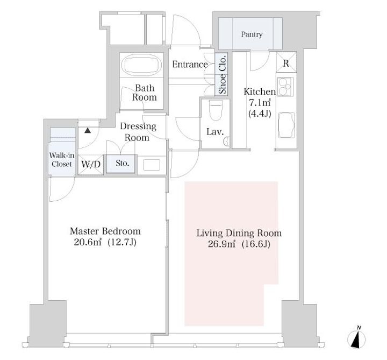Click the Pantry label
pyautogui.click(x=252, y=34)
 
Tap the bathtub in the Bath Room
pyautogui.click(x=142, y=65)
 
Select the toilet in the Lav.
pyautogui.click(x=216, y=110)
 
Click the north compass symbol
pyautogui.click(x=357, y=337)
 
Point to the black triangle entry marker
pyautogui.click(x=88, y=130)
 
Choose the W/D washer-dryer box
pyautogui.click(x=91, y=165)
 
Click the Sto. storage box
pyautogui.click(x=121, y=164)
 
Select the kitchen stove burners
pyautogui.click(x=285, y=87)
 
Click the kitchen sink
pyautogui.click(x=286, y=125)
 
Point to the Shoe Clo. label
pyautogui.click(x=223, y=74)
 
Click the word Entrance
pyautogui.click(x=190, y=64)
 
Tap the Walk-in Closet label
pyautogui.click(x=62, y=160)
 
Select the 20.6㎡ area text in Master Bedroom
pyautogui.click(x=88, y=242)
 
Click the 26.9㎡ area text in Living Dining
pyautogui.click(x=222, y=244)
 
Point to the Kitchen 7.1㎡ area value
pyautogui.click(x=260, y=103)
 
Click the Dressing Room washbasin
pyautogui.click(x=152, y=165)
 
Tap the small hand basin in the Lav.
pyautogui.click(x=227, y=142)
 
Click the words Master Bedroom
pyautogui.click(x=105, y=231)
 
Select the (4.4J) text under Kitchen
pyautogui.click(x=260, y=114)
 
